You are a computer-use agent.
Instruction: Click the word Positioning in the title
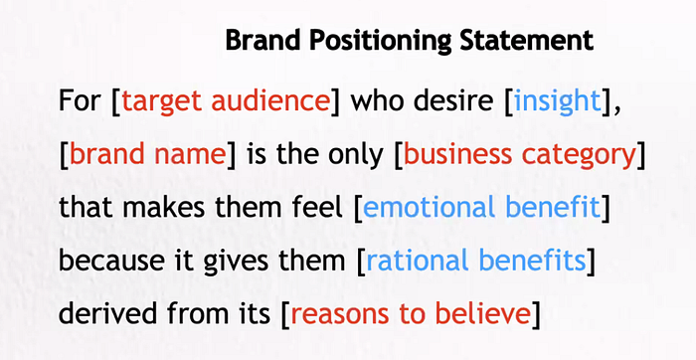click(x=381, y=42)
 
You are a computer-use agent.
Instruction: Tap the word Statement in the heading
click(x=526, y=41)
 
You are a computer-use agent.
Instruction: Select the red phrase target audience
click(x=225, y=102)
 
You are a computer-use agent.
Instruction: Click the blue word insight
click(x=557, y=102)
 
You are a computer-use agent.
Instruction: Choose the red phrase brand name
click(x=147, y=155)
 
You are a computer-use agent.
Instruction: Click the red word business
click(x=457, y=155)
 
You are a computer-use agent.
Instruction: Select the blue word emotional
click(x=430, y=208)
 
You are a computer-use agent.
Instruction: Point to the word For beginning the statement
click(x=80, y=102)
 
